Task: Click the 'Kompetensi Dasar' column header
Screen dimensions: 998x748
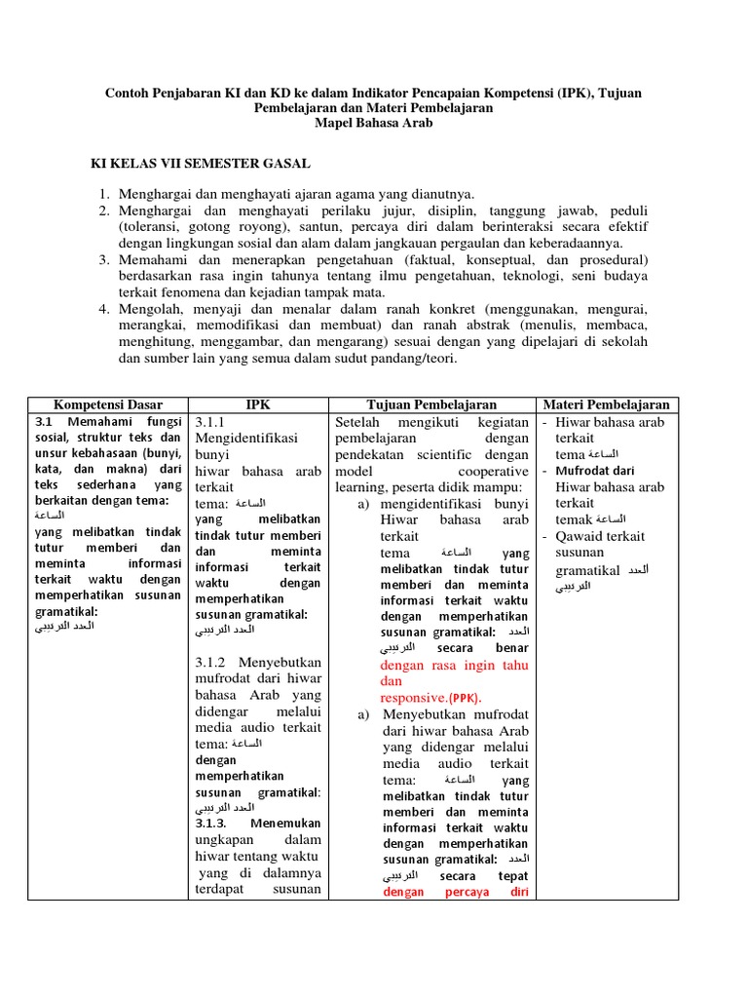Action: pos(108,404)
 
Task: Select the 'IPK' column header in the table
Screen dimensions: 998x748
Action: pos(258,404)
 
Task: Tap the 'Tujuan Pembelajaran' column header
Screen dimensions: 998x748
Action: pos(431,404)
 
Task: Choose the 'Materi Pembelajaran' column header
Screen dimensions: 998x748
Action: pos(606,404)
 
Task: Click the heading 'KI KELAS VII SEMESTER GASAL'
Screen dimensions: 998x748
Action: pos(201,165)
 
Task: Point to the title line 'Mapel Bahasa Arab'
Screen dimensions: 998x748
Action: pos(373,124)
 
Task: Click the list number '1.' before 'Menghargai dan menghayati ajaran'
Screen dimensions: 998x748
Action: pos(105,195)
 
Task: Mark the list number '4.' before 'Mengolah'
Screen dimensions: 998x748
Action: pos(105,309)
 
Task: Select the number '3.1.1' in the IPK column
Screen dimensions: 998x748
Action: pos(210,423)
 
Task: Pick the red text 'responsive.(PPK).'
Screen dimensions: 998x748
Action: pos(430,698)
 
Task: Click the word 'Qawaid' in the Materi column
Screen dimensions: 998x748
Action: pos(577,536)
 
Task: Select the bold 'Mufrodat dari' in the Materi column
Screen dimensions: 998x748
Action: pos(595,471)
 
